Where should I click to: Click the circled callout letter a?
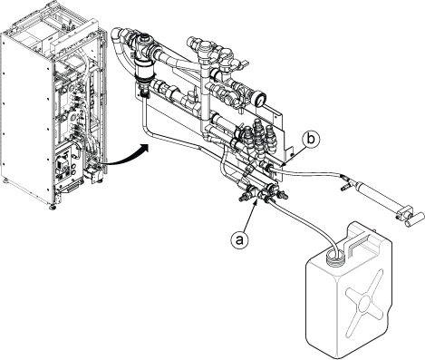tap(239, 240)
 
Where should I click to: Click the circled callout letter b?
tap(311, 140)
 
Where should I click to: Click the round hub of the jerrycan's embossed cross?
tap(364, 301)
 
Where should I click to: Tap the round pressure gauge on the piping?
tap(260, 99)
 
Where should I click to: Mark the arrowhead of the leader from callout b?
tap(285, 164)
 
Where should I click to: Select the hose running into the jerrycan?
tap(304, 223)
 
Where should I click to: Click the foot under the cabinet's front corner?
tap(52, 208)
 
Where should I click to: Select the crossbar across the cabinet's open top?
tap(75, 37)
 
